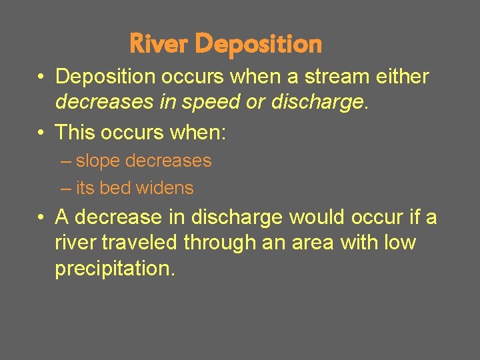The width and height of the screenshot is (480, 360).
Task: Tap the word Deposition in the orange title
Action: (259, 44)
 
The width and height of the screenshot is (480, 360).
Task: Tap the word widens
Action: (165, 189)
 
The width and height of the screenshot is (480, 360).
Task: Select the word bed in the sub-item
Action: (115, 189)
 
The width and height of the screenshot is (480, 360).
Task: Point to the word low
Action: (401, 243)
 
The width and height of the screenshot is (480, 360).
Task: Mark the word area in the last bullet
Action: (311, 243)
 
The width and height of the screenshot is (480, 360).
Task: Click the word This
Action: (75, 132)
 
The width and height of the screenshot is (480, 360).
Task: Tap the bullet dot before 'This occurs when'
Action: (41, 132)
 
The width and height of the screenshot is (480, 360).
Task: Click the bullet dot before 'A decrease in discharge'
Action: (41, 217)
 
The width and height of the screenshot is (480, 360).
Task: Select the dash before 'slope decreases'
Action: (65, 161)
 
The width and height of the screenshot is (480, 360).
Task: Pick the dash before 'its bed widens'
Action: (65, 189)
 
